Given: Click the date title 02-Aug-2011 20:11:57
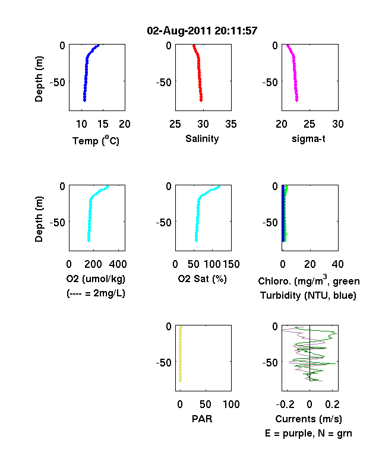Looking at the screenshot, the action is pos(202,30).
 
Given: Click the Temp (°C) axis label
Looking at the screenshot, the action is pos(96,140).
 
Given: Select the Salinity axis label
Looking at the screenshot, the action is pos(202,138).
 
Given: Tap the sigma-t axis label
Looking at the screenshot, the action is pos(308,139).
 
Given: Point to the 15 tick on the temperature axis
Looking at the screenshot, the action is pos(103,124).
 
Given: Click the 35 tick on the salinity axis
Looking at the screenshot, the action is pos(231,124).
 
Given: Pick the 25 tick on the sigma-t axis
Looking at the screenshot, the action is pos(309,124).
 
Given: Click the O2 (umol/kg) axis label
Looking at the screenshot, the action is pos(96,279).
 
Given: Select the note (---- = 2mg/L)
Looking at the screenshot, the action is pos(96,293).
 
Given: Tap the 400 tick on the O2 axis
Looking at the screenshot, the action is pos(118,264).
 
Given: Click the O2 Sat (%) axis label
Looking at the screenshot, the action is pos(203,279).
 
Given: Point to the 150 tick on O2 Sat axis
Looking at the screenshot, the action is pos(231,264).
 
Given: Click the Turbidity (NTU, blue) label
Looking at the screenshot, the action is pos(308,296).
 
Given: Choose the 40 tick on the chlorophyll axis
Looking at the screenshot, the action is pos(337,264).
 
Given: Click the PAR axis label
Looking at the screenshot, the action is pos(202,419).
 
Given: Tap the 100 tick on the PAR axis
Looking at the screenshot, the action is pos(231,404).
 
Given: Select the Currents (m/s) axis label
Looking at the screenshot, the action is pos(308,419).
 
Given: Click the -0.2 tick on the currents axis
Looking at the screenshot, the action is pos(285,404).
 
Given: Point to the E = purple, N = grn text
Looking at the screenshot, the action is pos(308,434).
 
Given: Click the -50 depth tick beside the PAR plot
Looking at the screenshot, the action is pos(163,363).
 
